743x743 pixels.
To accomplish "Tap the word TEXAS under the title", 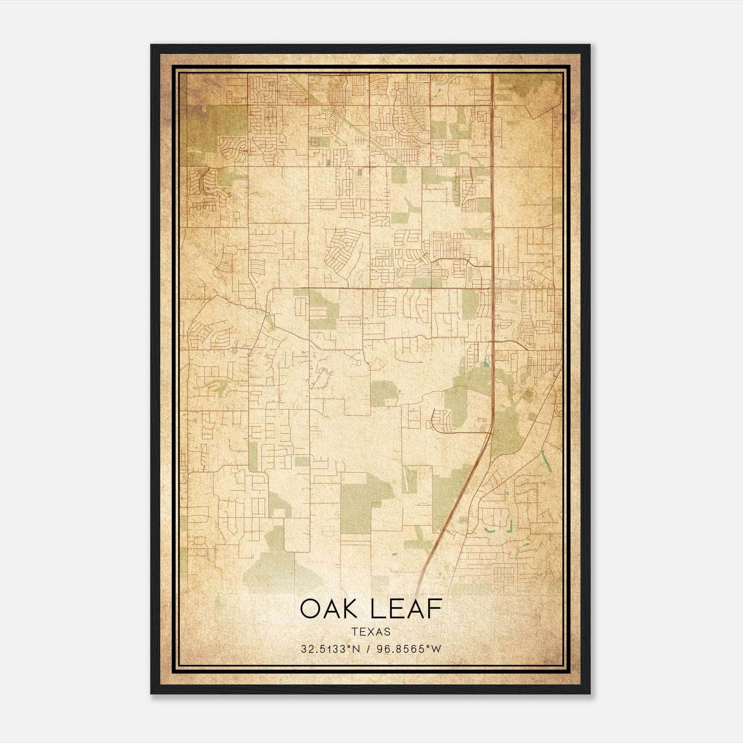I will pyautogui.click(x=371, y=632).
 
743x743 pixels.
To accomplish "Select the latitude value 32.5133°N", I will pyautogui.click(x=331, y=649).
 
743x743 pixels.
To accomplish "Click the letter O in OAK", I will pyautogui.click(x=310, y=609).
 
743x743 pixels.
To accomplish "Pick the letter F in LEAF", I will pyautogui.click(x=435, y=609).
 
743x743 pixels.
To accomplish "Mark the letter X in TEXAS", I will pyautogui.click(x=371, y=632).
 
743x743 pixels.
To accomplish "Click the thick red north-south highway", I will pyautogui.click(x=492, y=232).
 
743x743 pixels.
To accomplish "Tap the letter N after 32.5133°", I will pyautogui.click(x=357, y=649).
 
